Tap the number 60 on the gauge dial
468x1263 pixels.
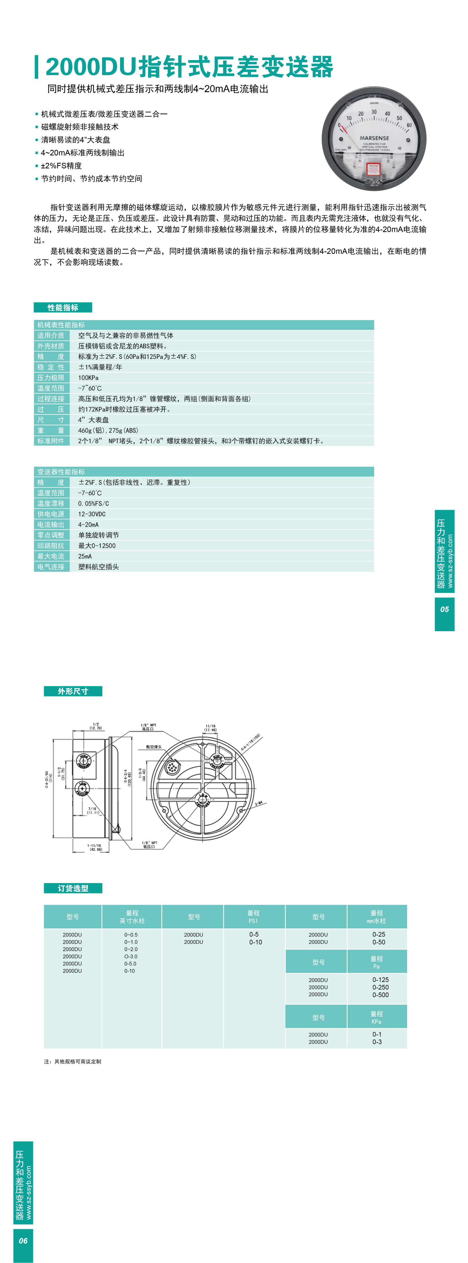pos(409,125)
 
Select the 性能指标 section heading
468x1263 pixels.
pos(63,308)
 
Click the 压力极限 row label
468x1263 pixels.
pos(51,377)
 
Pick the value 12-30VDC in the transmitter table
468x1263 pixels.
pos(92,514)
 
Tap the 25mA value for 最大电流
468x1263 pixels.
pos(85,556)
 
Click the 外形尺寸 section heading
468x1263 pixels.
pos(73,691)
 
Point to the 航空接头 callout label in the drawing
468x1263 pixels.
pos(154,747)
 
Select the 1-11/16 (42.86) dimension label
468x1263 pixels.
pos(94,847)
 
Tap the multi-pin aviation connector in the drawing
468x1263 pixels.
pos(172,767)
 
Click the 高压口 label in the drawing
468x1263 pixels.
pos(148,729)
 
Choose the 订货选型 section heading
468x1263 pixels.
pos(73,888)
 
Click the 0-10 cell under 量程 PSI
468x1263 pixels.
pos(256,942)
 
